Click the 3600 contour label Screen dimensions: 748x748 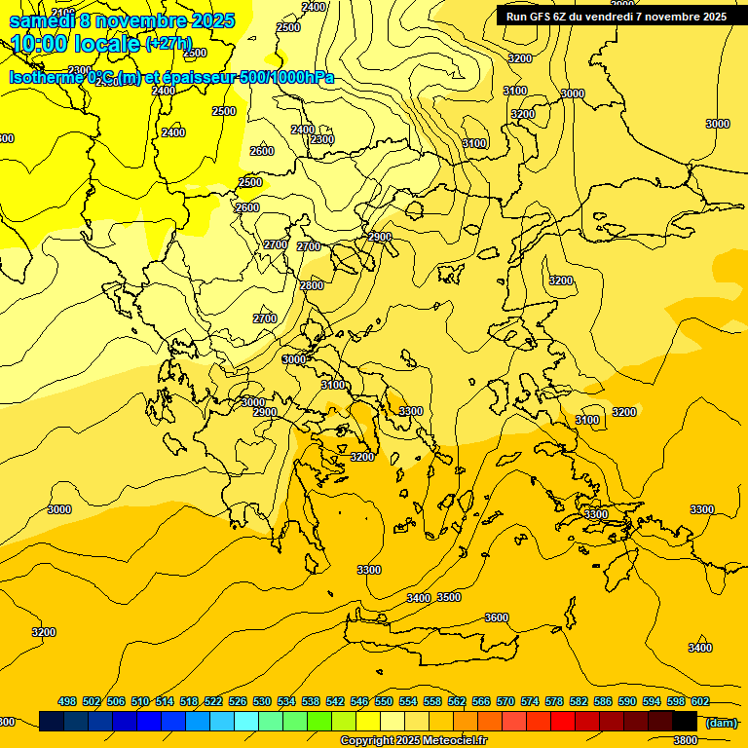point(497,617)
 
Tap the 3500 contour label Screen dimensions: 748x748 point(449,597)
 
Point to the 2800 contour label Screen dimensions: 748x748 point(312,285)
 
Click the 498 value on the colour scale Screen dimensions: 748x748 point(67,701)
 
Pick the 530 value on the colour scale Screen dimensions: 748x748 point(262,701)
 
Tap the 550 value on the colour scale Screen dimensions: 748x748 point(384,701)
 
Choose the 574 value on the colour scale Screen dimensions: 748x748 point(530,701)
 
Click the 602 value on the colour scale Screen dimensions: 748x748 point(700,701)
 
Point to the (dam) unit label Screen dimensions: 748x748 point(721,723)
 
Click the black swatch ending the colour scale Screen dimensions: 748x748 point(685,721)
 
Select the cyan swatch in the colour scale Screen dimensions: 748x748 point(246,721)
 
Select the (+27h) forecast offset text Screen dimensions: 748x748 point(168,44)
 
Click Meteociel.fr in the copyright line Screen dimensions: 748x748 point(454,741)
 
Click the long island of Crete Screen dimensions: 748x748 point(429,638)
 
